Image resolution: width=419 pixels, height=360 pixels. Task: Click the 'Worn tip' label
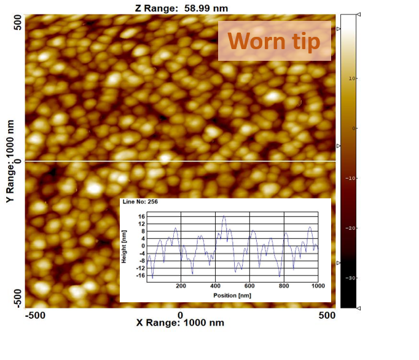[x=274, y=41]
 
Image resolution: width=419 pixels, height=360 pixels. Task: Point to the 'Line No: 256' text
[x=141, y=202]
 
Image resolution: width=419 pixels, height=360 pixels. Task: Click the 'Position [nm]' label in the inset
[x=233, y=295]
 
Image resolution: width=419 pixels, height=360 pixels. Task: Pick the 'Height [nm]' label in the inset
[x=125, y=246]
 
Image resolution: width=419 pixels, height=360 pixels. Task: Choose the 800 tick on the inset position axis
[x=284, y=286]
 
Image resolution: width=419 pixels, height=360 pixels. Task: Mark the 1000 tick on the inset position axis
[x=317, y=286]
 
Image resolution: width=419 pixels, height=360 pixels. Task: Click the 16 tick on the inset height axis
[x=141, y=216]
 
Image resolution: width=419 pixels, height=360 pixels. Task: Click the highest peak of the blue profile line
[x=224, y=216]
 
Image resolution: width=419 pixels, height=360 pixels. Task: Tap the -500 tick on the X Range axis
[x=36, y=315]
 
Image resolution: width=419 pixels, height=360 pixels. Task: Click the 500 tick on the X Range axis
[x=327, y=315]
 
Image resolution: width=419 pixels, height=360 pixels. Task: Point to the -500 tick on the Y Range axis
[x=18, y=297]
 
